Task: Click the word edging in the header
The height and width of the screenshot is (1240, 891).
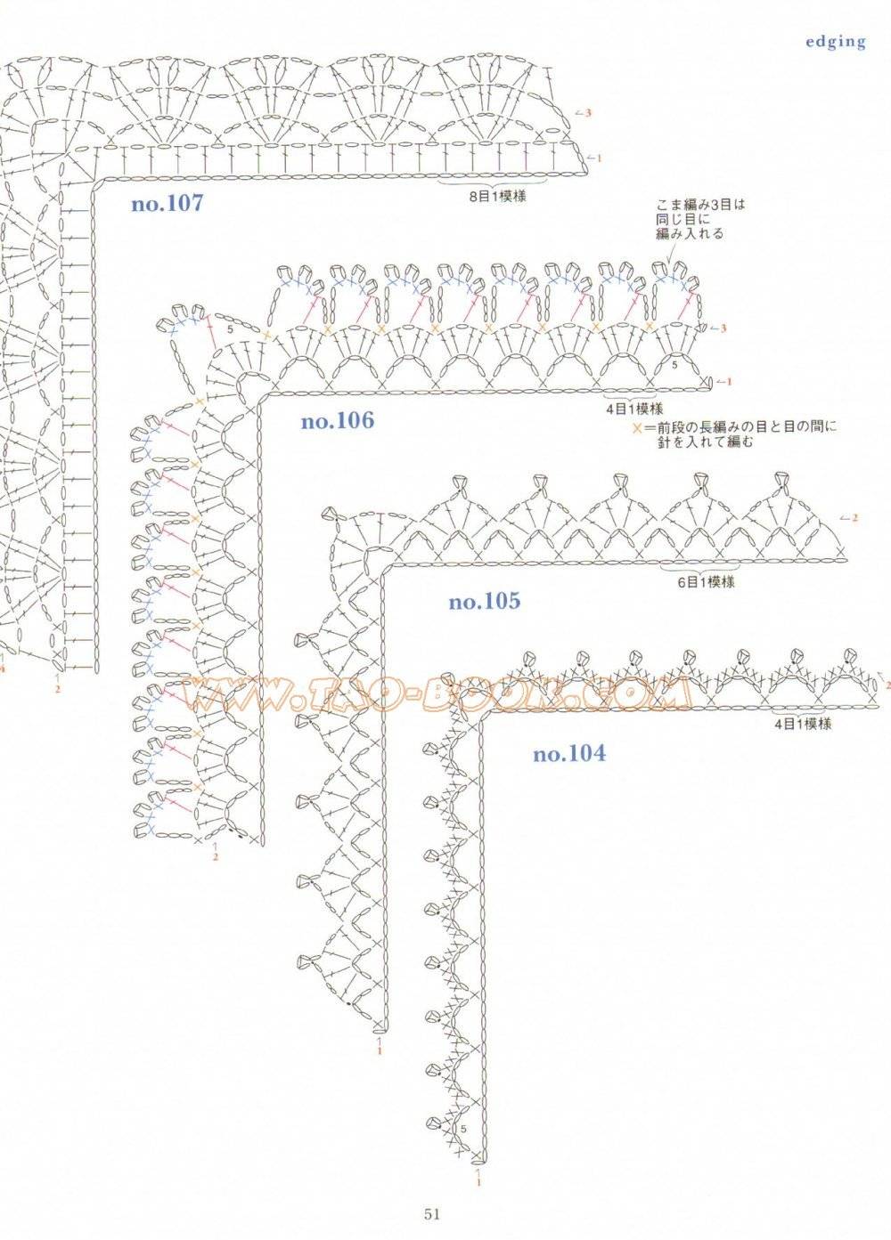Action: pyautogui.click(x=835, y=43)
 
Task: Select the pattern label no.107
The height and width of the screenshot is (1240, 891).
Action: pyautogui.click(x=168, y=204)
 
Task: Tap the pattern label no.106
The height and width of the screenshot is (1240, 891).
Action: pyautogui.click(x=338, y=421)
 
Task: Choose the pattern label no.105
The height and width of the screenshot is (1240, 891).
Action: pyautogui.click(x=485, y=602)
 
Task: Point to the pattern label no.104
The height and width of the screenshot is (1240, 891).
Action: pyautogui.click(x=569, y=754)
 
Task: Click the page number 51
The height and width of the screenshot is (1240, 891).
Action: pyautogui.click(x=433, y=1210)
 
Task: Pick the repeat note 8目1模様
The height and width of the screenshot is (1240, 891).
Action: pyautogui.click(x=497, y=197)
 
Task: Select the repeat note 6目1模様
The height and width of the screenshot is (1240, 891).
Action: pyautogui.click(x=707, y=582)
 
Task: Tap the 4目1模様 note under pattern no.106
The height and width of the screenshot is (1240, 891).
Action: pyautogui.click(x=634, y=409)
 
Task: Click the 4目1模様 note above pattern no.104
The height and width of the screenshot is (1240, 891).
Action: pyautogui.click(x=802, y=724)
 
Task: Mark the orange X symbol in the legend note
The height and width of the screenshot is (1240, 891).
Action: pyautogui.click(x=638, y=428)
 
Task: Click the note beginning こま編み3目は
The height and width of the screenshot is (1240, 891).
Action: pyautogui.click(x=700, y=219)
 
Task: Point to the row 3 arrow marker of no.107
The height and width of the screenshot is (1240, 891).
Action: pyautogui.click(x=583, y=113)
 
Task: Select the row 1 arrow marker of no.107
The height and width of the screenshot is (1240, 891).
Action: pyautogui.click(x=593, y=158)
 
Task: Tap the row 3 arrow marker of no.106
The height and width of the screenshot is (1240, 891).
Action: pyautogui.click(x=717, y=328)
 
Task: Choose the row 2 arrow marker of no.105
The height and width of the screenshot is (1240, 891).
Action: pyautogui.click(x=849, y=517)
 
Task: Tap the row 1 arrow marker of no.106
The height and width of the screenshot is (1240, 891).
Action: pyautogui.click(x=723, y=381)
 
